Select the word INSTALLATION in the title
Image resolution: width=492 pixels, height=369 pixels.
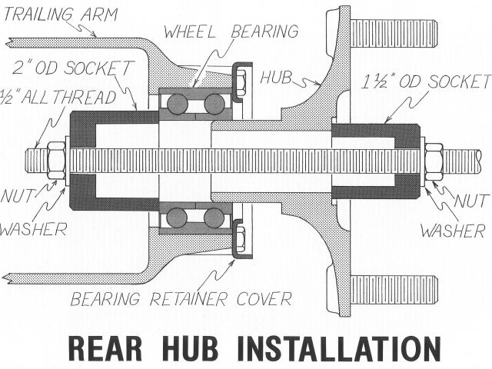[x=342, y=348]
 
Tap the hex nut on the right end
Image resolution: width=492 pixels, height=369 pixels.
[x=434, y=161]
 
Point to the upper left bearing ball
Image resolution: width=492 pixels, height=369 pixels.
[x=176, y=105]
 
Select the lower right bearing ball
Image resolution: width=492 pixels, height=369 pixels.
[x=214, y=218]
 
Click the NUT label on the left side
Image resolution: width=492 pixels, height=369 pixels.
[x=19, y=197]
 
